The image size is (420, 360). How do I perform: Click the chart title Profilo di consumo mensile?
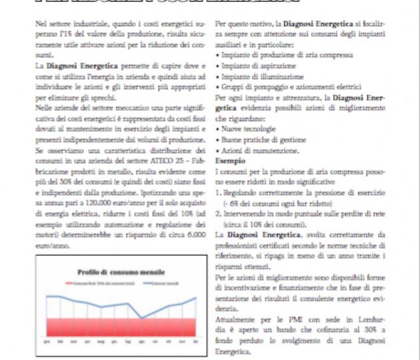(x=116, y=272)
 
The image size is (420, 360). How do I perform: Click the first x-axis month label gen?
(x=47, y=341)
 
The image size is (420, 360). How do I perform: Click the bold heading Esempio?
(x=229, y=161)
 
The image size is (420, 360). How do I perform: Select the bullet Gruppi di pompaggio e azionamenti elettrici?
(x=287, y=87)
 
